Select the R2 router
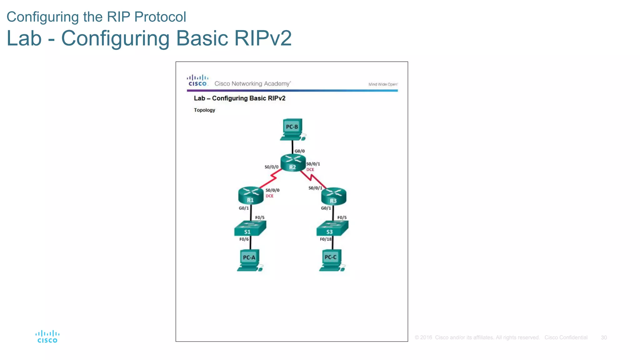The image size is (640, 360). click(293, 163)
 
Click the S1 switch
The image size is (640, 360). click(250, 228)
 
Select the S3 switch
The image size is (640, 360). click(332, 228)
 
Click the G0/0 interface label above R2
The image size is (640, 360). click(299, 151)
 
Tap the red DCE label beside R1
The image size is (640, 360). click(269, 196)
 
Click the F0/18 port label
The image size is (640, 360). click(326, 239)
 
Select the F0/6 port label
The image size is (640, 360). click(244, 239)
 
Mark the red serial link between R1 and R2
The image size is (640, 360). click(269, 180)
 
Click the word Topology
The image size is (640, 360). click(204, 110)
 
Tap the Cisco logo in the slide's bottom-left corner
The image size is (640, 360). click(47, 337)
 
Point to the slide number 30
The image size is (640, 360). click(604, 337)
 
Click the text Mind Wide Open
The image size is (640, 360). click(383, 84)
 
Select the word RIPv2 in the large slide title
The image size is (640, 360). click(263, 38)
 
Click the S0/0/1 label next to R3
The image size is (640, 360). click(315, 188)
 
